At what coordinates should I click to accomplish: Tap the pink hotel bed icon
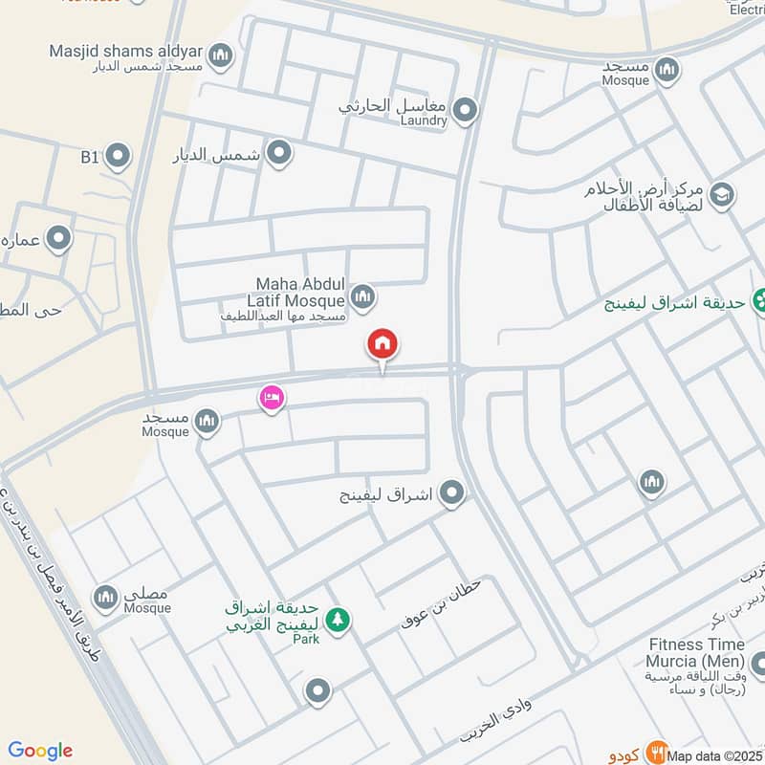coord(272,398)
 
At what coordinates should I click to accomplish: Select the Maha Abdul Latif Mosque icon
coord(361,297)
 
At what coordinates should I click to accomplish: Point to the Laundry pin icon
coord(465,111)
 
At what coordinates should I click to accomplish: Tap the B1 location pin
coord(118,155)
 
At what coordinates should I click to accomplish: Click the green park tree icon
coord(337,621)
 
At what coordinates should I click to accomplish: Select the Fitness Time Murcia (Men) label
coord(696,653)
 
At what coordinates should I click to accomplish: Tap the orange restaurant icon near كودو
coord(655,752)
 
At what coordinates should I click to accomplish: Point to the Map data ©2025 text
coord(714,756)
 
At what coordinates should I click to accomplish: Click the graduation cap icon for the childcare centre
coord(722,194)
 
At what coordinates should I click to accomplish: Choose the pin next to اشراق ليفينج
coord(452,493)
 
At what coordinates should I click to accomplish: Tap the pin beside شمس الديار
coord(278,153)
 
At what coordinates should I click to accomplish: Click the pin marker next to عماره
coord(59,237)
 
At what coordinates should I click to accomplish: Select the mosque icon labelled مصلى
coord(106,597)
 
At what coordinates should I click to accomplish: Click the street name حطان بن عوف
coord(443,602)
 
